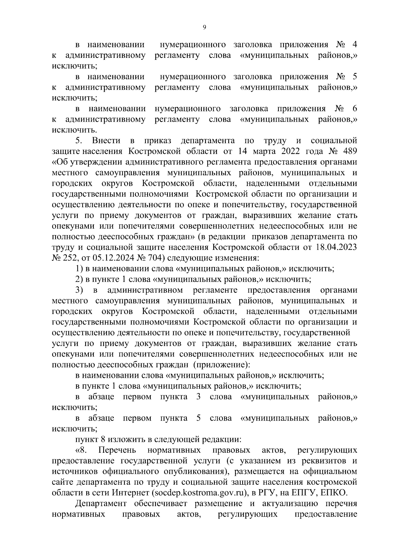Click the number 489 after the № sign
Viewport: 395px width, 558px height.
point(350,151)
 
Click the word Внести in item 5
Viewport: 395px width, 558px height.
point(106,141)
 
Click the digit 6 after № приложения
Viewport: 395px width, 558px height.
point(355,109)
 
